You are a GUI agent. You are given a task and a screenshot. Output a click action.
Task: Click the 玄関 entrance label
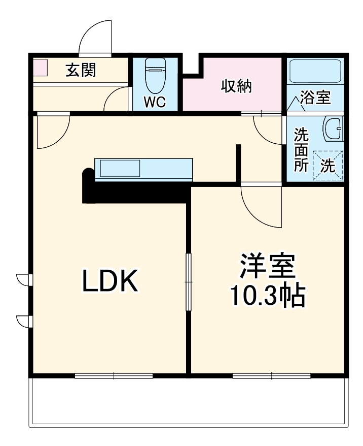[x=81, y=71]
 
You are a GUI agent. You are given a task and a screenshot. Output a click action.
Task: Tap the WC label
[x=155, y=102]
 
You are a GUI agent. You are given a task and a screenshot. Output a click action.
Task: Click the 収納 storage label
[x=236, y=86]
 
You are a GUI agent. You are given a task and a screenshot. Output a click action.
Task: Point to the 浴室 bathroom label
[x=315, y=97]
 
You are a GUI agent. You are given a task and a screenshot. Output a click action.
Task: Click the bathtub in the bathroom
[x=315, y=71]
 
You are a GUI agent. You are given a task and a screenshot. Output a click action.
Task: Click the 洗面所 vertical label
[x=301, y=150]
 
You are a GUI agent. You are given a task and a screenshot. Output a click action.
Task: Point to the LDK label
[x=111, y=282]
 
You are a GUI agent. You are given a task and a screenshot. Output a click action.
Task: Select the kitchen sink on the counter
[x=119, y=168]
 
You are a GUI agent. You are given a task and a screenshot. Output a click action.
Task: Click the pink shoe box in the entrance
[x=40, y=68]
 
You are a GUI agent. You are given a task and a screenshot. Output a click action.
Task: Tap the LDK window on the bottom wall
[x=114, y=376]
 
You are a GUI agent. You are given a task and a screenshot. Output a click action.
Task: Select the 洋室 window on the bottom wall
[x=272, y=376]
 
